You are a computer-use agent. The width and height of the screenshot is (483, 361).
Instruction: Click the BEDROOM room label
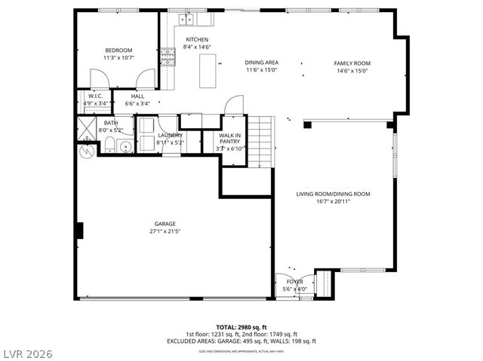coord(118,50)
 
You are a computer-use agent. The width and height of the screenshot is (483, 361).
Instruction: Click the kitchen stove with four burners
coord(167,56)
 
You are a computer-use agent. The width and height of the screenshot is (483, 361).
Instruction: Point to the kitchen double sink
coord(186,18)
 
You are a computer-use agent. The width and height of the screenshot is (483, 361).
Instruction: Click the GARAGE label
coord(165,224)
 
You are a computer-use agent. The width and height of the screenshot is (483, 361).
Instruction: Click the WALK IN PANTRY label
coord(229,139)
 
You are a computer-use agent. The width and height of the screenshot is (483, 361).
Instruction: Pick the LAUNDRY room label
coord(169,136)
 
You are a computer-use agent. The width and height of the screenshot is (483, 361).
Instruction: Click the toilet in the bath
coord(110,145)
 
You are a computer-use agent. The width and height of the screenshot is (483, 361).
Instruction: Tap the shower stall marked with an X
coord(87,127)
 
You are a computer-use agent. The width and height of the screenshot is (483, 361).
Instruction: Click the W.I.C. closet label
coord(95,96)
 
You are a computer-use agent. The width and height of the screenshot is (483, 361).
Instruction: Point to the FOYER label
coord(294,281)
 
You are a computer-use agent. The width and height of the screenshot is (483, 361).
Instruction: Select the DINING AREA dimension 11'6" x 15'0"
coord(262,71)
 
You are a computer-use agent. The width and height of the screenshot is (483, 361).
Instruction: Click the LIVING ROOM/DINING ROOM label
coord(333,194)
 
